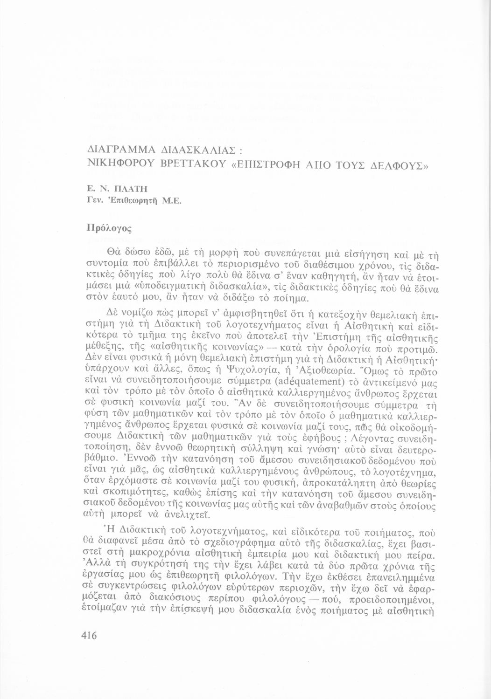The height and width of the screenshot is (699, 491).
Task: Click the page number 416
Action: tap(88, 635)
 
